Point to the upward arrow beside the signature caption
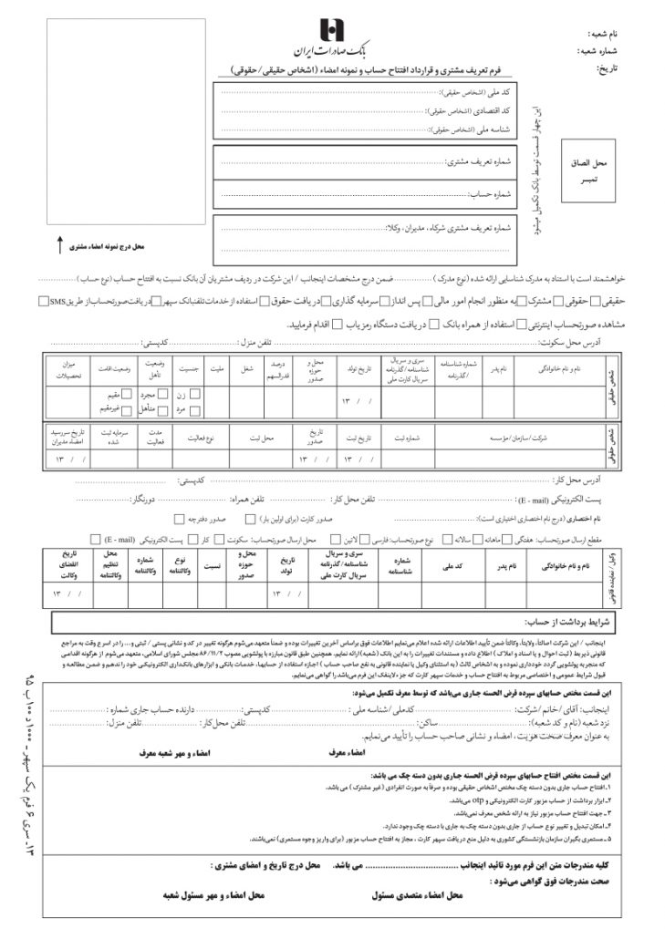click(60, 243)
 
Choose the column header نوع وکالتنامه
click(180, 565)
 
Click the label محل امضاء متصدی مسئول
click(419, 896)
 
